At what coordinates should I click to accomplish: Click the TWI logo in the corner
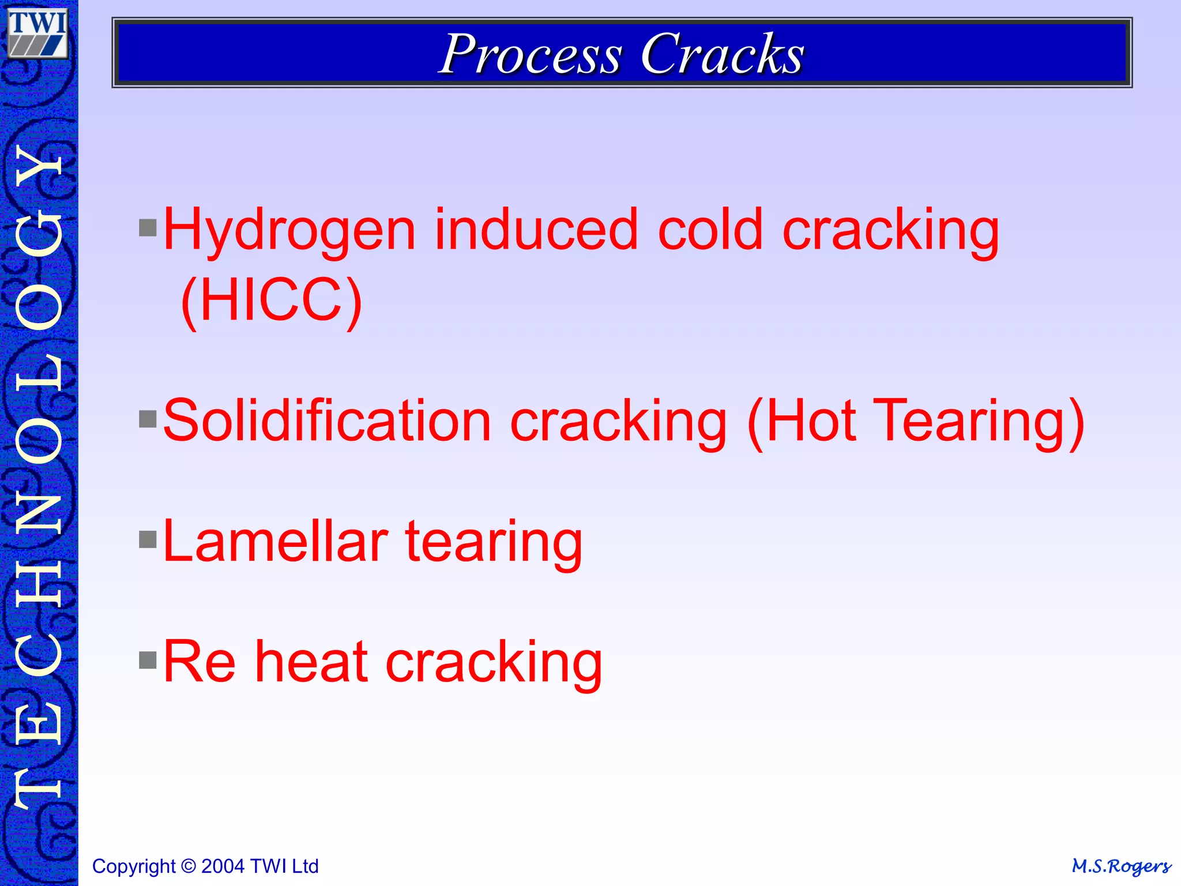click(x=38, y=33)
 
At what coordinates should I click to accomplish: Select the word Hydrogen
click(x=289, y=231)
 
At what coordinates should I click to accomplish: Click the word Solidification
click(x=327, y=421)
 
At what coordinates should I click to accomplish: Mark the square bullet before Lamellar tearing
click(x=148, y=540)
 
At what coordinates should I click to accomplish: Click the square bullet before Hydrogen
click(x=148, y=228)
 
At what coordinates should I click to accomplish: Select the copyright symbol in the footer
click(x=188, y=866)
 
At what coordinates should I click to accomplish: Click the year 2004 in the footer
click(x=224, y=866)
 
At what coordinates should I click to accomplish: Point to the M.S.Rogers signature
click(x=1121, y=866)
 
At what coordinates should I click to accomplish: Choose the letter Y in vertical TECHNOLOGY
click(x=39, y=170)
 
